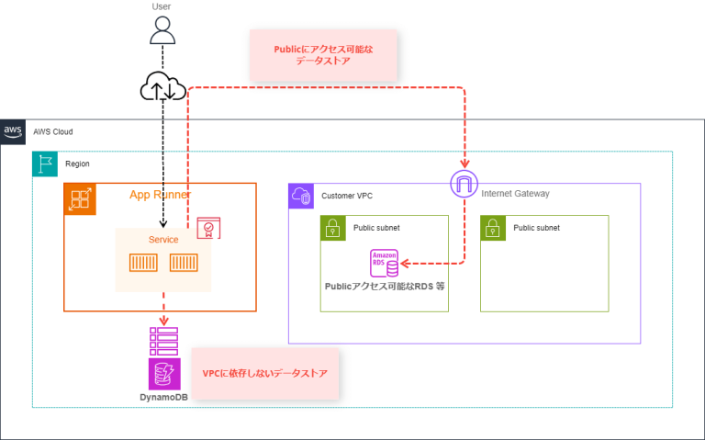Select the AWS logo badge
13,131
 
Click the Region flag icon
45,164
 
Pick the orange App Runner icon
80,198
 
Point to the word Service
163,240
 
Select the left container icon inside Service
143,265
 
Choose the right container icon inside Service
185,265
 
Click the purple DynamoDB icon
163,374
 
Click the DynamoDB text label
163,399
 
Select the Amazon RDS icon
384,264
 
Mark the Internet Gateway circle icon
465,184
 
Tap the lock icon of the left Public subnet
333,228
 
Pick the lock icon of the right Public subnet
493,228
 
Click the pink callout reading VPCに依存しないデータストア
265,374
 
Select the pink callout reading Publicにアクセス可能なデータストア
322,53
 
